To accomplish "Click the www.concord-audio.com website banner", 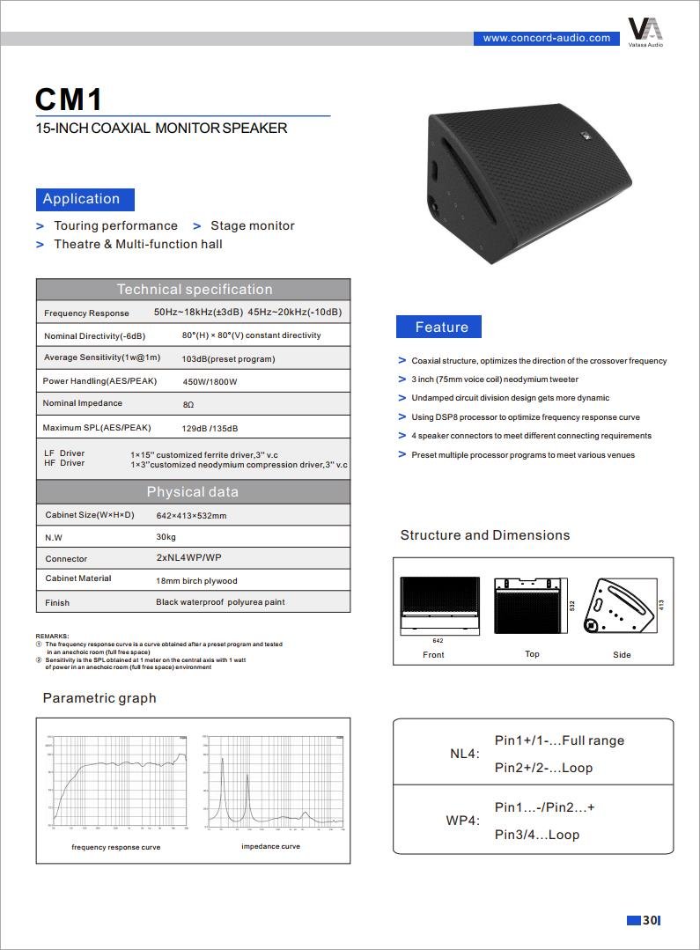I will (546, 38).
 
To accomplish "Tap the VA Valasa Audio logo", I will (645, 31).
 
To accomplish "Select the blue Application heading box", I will (85, 199).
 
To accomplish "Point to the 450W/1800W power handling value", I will (210, 382).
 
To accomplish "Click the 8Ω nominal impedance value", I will (188, 404).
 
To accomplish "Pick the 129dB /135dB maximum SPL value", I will (210, 428).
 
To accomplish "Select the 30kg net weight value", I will (166, 536).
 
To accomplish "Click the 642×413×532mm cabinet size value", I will (191, 515).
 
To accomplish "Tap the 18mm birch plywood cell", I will (196, 581).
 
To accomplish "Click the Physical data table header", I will (192, 491).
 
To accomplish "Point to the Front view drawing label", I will (433, 655).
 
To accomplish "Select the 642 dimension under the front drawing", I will (438, 641).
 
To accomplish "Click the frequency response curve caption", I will (115, 847).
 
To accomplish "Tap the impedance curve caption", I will (270, 846).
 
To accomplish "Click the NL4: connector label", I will (464, 755).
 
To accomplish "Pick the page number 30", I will (649, 920).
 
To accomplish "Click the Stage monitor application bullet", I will (252, 225).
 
